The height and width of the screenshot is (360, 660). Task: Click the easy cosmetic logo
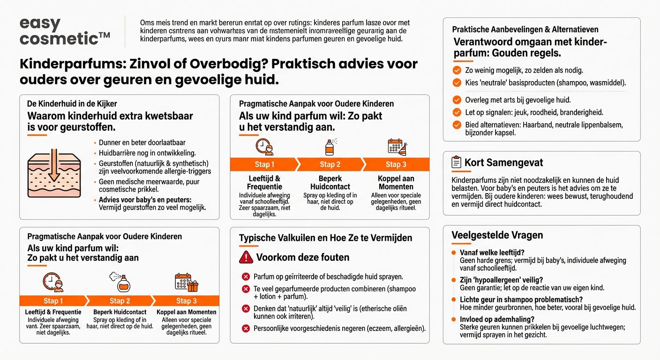[x=65, y=31]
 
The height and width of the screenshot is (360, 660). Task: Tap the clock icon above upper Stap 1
[x=264, y=147]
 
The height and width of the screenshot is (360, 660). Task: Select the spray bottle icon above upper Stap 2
[x=330, y=147]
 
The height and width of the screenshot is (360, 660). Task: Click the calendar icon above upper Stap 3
[x=396, y=147]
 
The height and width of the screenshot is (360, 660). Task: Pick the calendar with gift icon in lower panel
[x=186, y=282]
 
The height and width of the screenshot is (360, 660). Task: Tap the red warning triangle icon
[x=246, y=257]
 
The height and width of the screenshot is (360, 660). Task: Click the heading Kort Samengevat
[x=503, y=163]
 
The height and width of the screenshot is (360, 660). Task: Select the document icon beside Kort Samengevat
[x=456, y=163]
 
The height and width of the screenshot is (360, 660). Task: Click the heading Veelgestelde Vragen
[x=491, y=235]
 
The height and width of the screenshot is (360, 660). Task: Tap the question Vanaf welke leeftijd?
[x=492, y=253]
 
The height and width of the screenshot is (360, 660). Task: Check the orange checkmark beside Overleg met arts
[x=457, y=100]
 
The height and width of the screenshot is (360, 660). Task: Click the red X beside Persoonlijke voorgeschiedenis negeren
[x=245, y=329]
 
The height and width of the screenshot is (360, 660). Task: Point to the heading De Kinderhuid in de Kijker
[x=72, y=104]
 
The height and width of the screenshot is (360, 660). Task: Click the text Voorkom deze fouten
[x=302, y=257]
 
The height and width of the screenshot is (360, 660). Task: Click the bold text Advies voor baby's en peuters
[x=145, y=200]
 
